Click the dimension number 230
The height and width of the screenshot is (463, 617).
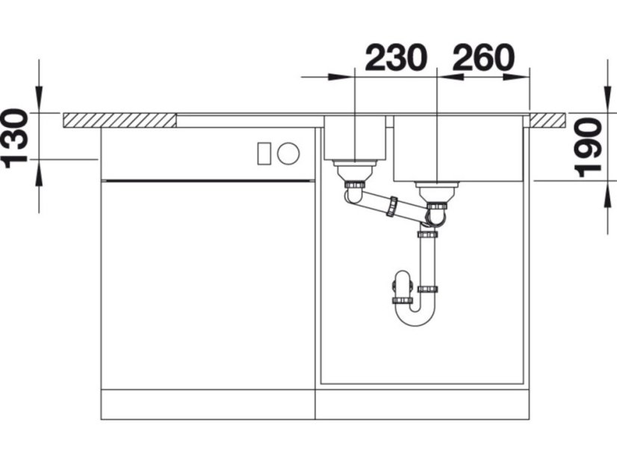(396, 58)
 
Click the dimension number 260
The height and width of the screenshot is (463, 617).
(483, 58)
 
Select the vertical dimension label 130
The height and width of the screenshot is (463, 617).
(16, 138)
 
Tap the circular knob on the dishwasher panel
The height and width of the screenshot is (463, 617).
(288, 152)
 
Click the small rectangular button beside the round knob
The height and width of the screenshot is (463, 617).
(263, 153)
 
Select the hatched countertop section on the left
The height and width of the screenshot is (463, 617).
(120, 120)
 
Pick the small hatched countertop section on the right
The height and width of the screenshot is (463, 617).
(548, 120)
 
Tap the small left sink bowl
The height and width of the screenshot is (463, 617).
(355, 137)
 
